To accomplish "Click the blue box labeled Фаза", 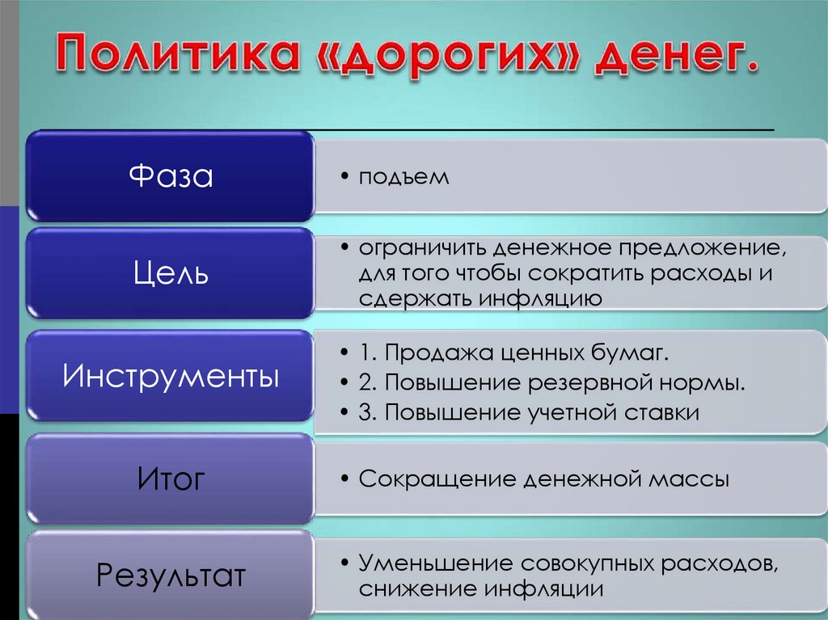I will [x=171, y=176].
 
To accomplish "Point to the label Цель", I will [x=171, y=273].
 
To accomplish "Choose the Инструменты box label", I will [x=171, y=377].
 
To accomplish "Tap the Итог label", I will [x=171, y=479].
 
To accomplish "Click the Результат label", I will [x=171, y=576].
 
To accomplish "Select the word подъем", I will [x=403, y=177].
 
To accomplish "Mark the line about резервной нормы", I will [x=552, y=383].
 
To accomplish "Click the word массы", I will [x=689, y=479].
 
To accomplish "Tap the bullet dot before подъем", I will [x=345, y=177].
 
